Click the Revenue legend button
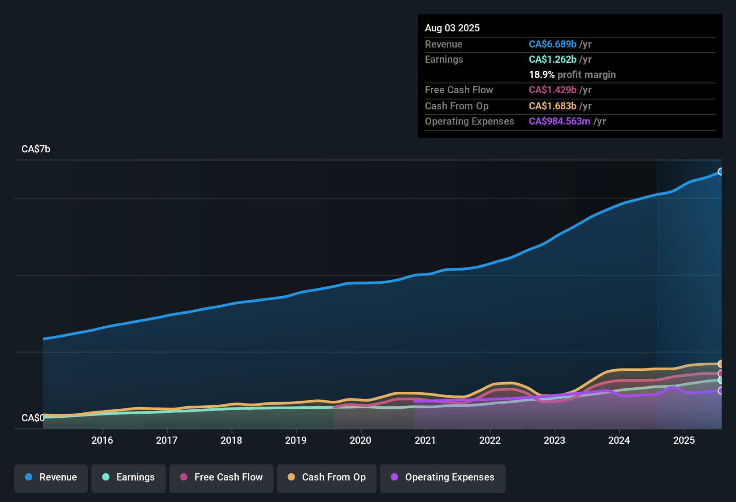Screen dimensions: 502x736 point(51,477)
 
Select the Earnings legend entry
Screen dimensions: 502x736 point(129,477)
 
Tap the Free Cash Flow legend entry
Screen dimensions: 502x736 point(221,477)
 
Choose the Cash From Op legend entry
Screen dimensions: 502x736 point(327,477)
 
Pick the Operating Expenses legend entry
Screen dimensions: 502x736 point(443,477)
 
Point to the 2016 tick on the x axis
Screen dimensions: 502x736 point(102,440)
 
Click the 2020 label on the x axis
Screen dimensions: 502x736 point(360,440)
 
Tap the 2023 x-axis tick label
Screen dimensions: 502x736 point(554,440)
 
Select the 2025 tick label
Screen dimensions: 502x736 point(684,440)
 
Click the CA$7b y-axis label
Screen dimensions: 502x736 point(36,149)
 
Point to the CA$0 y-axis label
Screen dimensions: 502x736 point(33,418)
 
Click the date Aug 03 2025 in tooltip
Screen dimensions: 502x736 point(452,28)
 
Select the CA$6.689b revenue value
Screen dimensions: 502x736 point(552,44)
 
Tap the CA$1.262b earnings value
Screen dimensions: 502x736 point(552,59)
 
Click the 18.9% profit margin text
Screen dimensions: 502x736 point(572,74)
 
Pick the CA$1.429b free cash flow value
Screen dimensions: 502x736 point(552,90)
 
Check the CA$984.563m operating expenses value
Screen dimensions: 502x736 point(559,121)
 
